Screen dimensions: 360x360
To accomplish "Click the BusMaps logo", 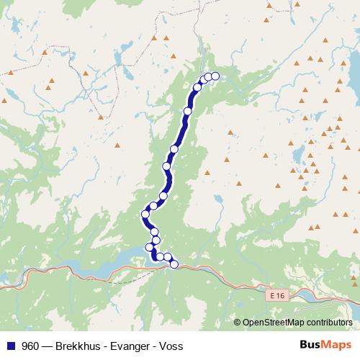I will [325, 346].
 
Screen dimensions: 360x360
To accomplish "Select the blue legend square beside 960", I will [10, 346].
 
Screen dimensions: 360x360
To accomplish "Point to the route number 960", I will [30, 346].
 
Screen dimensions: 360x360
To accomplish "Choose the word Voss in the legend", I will [171, 346].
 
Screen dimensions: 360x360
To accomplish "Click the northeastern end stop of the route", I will [215, 76].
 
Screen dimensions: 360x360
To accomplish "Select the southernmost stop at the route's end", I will [174, 264].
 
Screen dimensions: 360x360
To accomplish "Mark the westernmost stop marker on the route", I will [145, 214].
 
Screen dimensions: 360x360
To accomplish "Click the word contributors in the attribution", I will [329, 322].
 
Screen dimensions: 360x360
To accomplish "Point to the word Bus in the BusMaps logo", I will [310, 346].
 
